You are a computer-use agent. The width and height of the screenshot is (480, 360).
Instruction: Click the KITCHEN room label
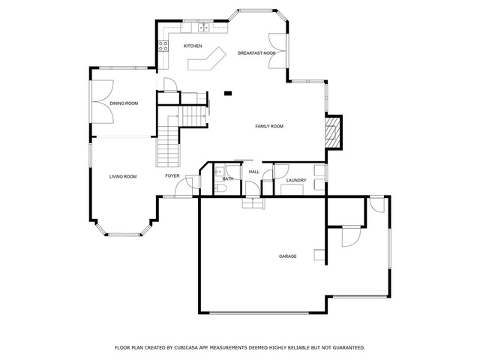193,46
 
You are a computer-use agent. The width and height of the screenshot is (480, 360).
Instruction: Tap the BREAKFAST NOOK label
256,53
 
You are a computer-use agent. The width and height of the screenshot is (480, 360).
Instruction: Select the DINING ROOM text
124,103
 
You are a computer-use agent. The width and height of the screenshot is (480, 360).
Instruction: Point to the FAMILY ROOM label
269,126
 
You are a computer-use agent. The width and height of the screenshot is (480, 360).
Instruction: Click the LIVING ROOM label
123,177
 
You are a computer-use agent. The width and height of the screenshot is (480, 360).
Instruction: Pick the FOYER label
172,175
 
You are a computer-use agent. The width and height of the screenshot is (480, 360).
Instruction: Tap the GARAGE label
288,256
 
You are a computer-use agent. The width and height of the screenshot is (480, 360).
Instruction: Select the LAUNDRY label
296,180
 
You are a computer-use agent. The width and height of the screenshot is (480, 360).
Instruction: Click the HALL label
254,172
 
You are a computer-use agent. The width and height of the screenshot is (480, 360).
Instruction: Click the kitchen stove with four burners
163,46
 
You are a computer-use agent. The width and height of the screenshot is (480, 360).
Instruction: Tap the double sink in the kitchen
203,28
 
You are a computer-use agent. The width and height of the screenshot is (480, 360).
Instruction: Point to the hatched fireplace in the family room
331,132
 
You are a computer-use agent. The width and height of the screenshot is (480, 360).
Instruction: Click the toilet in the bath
220,188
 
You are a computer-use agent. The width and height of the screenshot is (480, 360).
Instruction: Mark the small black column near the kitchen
228,93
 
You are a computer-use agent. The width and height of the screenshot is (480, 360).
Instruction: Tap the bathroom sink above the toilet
220,172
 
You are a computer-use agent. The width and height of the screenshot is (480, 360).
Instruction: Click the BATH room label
228,178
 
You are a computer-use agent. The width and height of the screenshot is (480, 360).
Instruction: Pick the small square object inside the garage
319,255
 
